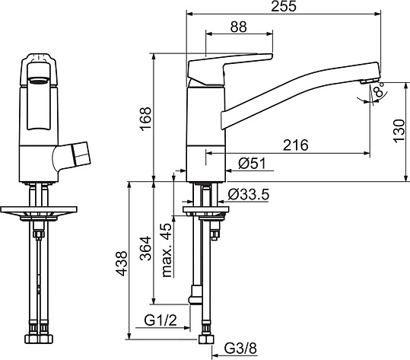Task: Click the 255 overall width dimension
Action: tap(284, 6)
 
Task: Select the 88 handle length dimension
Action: tap(239, 27)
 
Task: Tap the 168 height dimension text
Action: tap(145, 118)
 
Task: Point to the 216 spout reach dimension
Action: tap(296, 145)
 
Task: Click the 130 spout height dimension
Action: tap(399, 131)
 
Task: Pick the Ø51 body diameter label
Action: tap(252, 164)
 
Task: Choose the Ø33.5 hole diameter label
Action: tap(249, 194)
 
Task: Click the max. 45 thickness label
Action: tap(167, 250)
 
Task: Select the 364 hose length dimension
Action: tap(145, 248)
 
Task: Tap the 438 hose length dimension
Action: tap(122, 263)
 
